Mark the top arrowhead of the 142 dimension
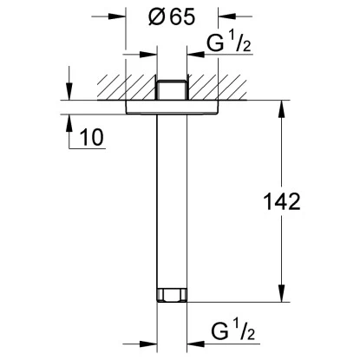tap(281, 108)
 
